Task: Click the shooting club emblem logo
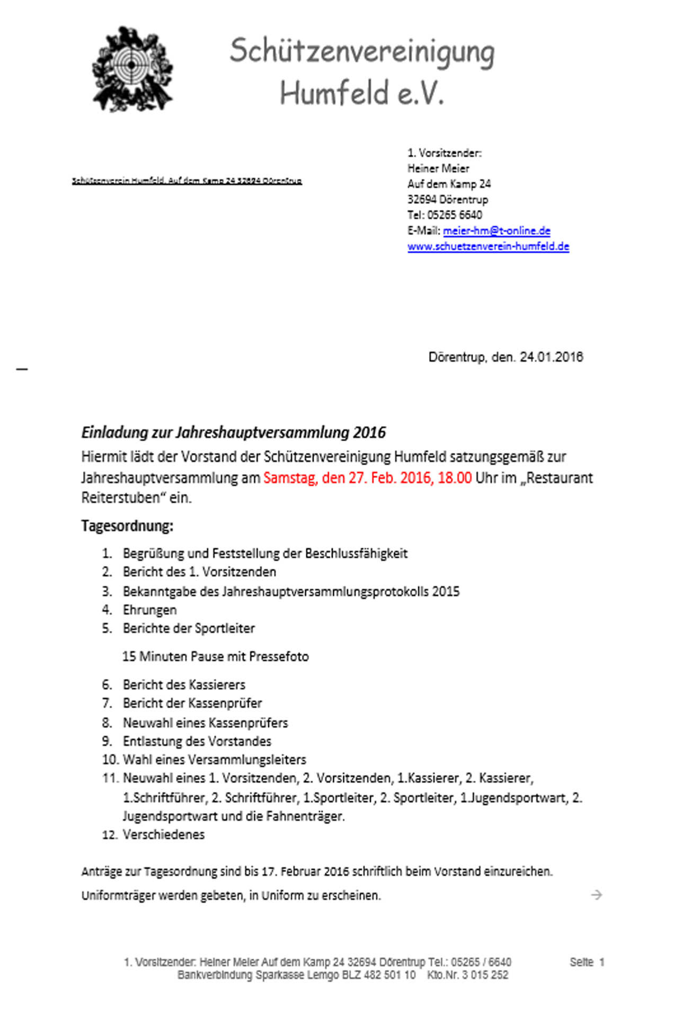tap(132, 69)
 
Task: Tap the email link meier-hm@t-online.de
tap(496, 231)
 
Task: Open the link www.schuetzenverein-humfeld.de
tap(488, 246)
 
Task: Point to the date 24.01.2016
tap(551, 357)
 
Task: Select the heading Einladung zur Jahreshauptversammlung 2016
tap(233, 433)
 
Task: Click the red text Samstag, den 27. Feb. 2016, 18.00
tap(367, 478)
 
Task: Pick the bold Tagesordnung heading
tap(127, 526)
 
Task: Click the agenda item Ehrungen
tap(149, 610)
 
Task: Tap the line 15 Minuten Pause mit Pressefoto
tap(215, 657)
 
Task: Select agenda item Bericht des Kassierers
tap(184, 685)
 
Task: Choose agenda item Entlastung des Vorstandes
tap(197, 741)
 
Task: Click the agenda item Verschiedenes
tap(163, 835)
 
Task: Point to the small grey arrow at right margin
tap(597, 895)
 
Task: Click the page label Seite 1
tap(587, 962)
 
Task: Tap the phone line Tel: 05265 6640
tap(445, 215)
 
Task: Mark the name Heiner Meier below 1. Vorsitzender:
tap(438, 168)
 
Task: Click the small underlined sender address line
tap(187, 181)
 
